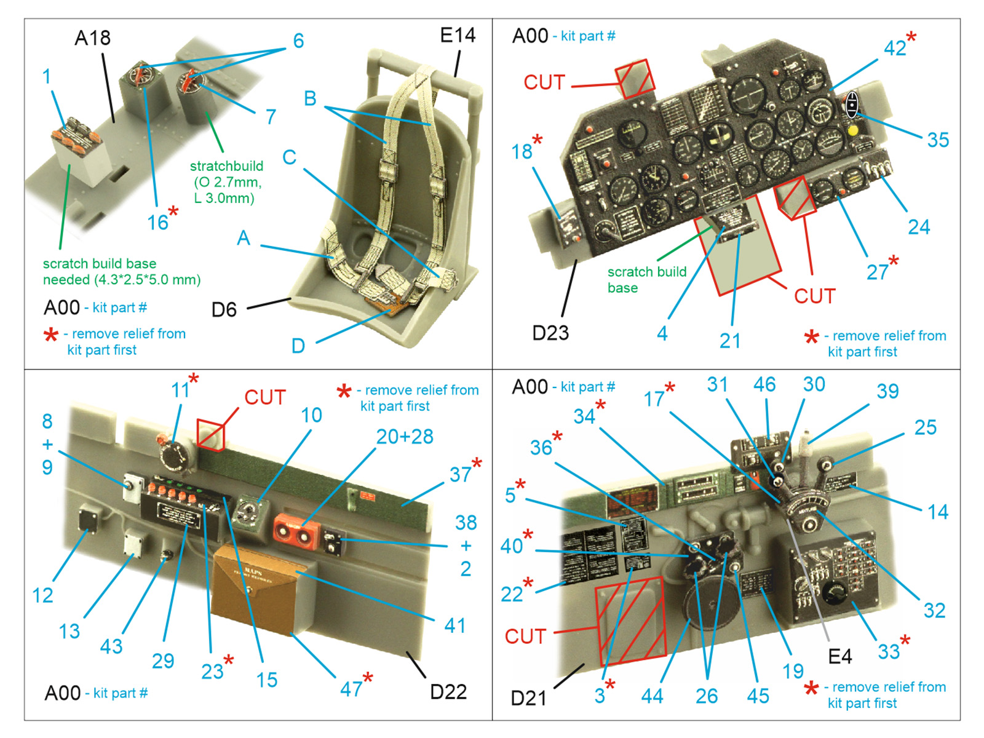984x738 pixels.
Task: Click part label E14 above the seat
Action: tap(458, 35)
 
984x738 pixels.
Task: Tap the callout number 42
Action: tap(895, 47)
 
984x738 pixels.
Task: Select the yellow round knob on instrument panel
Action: tap(853, 130)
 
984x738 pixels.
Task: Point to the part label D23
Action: tap(550, 333)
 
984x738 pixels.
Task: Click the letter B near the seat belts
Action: tap(310, 98)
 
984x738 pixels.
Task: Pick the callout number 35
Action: tap(938, 140)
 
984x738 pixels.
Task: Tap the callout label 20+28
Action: tap(405, 437)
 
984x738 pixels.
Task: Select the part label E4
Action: tap(839, 657)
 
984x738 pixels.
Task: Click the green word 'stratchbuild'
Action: tap(226, 166)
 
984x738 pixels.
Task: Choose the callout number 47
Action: tap(351, 688)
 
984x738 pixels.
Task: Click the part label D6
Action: tap(224, 309)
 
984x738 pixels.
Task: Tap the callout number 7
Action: tap(271, 116)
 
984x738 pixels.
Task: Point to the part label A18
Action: tap(92, 38)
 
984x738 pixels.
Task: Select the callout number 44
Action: tap(652, 696)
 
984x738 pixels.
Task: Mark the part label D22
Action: tap(448, 692)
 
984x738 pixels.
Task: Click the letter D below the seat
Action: tap(298, 346)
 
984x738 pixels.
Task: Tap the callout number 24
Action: tap(919, 227)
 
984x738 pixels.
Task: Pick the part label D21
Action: tap(529, 698)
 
